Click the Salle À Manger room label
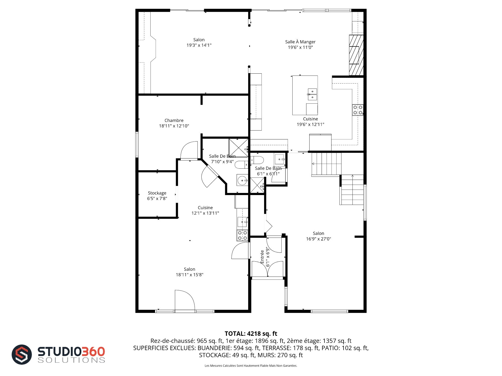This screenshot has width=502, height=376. click(x=300, y=42)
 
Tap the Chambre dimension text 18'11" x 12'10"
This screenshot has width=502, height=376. click(x=174, y=126)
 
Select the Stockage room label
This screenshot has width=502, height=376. click(x=157, y=193)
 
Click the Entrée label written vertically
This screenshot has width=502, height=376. click(x=262, y=257)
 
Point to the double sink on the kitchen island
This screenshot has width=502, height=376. click(x=312, y=95)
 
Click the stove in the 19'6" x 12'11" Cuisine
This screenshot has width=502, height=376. click(x=358, y=110)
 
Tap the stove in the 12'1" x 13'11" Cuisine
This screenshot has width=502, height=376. click(x=242, y=235)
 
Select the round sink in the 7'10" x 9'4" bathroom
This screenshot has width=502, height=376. click(x=243, y=180)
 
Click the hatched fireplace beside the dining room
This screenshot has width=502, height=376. click(x=356, y=55)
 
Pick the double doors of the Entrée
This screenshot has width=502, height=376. click(x=267, y=269)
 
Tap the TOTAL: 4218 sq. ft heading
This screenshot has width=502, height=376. click(x=251, y=333)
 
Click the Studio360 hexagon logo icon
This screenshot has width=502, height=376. click(x=22, y=354)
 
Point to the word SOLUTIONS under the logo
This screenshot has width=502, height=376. click(x=71, y=360)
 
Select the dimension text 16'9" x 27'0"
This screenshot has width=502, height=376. click(x=318, y=239)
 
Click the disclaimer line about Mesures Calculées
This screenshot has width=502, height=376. click(x=251, y=366)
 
